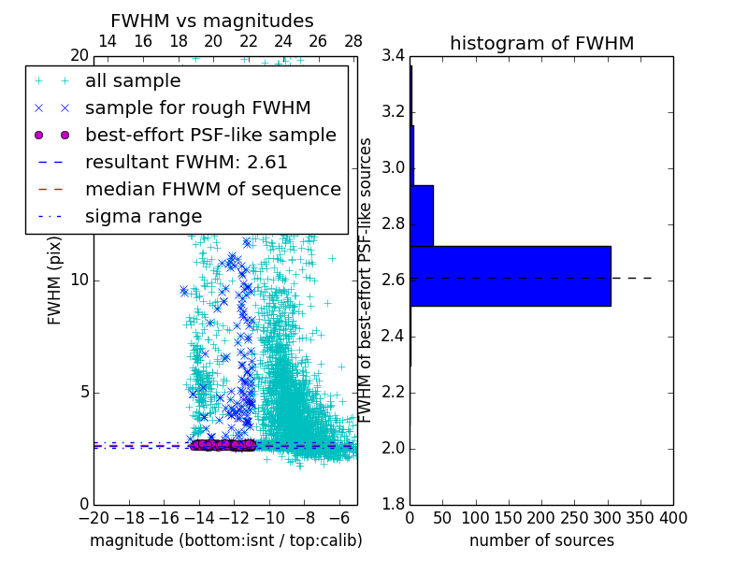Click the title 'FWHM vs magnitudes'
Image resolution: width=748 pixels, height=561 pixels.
click(x=212, y=22)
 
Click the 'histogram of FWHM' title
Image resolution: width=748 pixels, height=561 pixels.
click(x=541, y=43)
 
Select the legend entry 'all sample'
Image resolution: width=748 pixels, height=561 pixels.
click(x=133, y=81)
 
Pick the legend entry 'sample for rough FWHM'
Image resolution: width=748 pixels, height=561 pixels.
click(x=197, y=108)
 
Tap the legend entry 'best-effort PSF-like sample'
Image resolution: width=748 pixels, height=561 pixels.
click(x=210, y=135)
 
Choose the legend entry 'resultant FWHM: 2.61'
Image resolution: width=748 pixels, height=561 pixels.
click(x=186, y=162)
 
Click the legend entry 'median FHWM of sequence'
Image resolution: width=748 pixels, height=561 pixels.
click(x=212, y=189)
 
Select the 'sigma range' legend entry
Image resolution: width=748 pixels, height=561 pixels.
click(x=143, y=216)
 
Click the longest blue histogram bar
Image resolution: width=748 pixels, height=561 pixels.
click(x=510, y=276)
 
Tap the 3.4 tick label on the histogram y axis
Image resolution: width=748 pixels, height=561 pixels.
click(x=394, y=56)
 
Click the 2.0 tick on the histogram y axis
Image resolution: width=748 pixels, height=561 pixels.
click(x=394, y=449)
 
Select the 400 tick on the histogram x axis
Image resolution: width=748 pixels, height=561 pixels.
click(x=673, y=518)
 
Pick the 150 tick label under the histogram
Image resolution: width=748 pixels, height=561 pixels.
click(x=509, y=518)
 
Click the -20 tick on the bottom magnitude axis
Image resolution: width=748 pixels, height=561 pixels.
click(x=93, y=518)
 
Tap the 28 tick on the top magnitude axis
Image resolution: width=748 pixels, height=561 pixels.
click(x=353, y=41)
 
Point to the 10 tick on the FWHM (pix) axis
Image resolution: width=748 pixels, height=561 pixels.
click(x=79, y=280)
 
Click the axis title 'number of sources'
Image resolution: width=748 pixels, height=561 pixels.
click(x=541, y=540)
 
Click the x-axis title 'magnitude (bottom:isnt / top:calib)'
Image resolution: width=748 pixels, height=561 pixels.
click(x=225, y=540)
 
